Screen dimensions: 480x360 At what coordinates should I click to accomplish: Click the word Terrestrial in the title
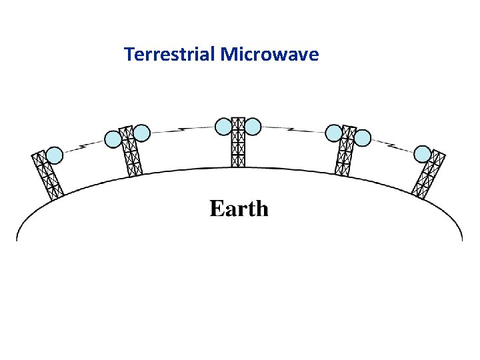(170, 54)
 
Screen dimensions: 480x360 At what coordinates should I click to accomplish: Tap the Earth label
(239, 209)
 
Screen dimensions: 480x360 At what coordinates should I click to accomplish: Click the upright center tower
(238, 144)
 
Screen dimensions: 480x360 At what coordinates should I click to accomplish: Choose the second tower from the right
(345, 153)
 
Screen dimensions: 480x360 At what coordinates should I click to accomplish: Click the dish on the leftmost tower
(55, 155)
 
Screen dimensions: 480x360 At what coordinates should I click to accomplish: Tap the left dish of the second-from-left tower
(113, 139)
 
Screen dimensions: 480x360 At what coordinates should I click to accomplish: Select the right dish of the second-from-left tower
(141, 133)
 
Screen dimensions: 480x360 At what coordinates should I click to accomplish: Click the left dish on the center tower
(224, 125)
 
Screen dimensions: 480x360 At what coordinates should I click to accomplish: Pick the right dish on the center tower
(253, 125)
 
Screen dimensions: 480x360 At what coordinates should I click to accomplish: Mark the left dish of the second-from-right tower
(333, 133)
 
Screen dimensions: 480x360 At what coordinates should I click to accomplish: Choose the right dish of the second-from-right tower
(362, 138)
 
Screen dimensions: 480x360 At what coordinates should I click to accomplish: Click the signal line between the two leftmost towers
(84, 145)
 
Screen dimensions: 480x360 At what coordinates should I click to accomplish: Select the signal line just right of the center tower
(293, 129)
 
